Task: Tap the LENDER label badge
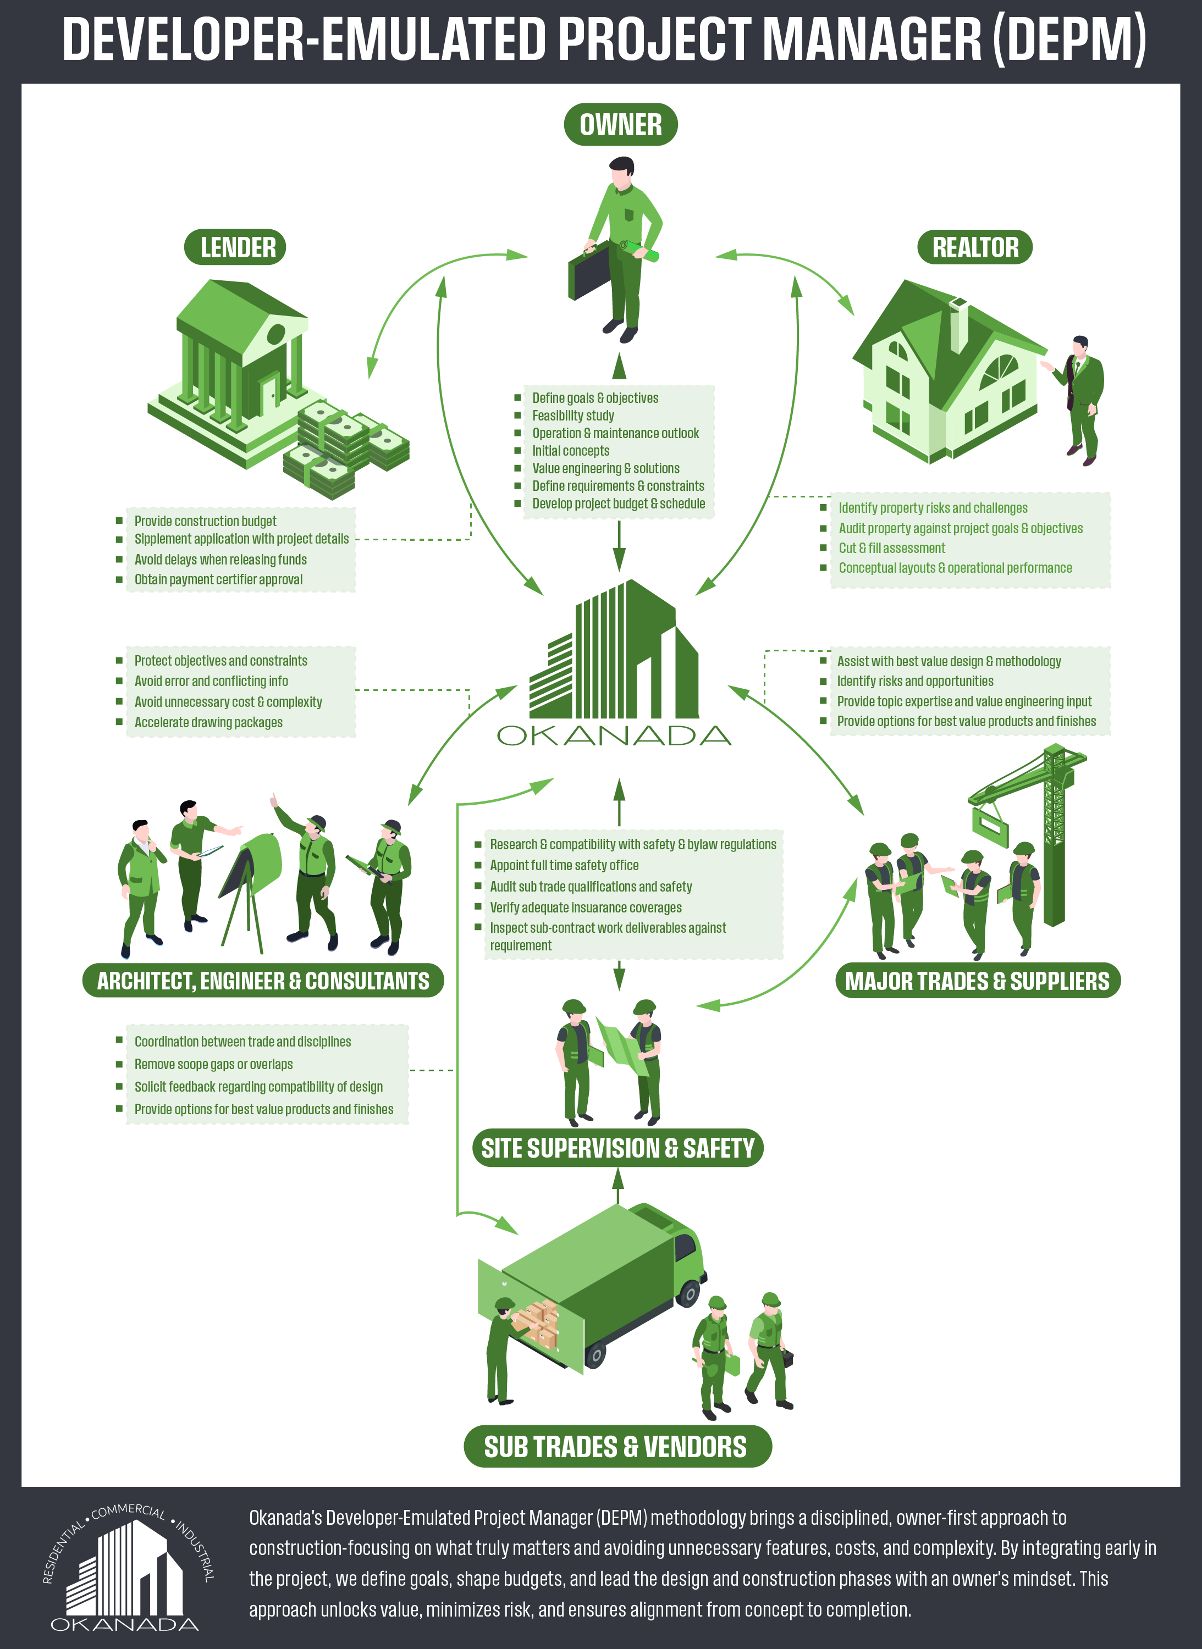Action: pos(235,247)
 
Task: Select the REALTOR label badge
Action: pos(975,247)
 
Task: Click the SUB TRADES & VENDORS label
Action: pos(617,1447)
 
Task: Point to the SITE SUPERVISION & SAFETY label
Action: pos(617,1148)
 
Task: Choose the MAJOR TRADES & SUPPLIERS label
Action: pos(977,981)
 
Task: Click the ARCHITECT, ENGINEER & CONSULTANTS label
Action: pos(263,981)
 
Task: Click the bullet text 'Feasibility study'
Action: pos(574,416)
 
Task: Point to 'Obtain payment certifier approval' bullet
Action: pos(218,580)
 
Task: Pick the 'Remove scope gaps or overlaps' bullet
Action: pos(213,1064)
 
